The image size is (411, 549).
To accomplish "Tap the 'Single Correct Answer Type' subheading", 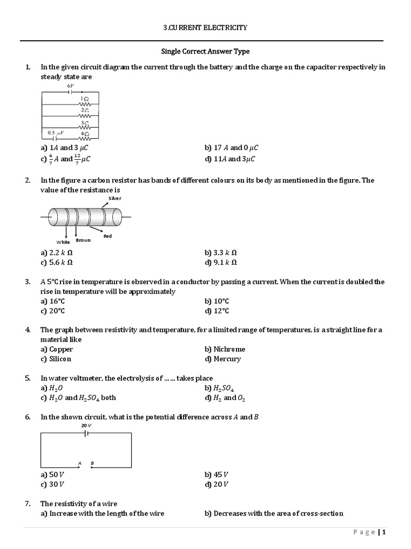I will (205, 51).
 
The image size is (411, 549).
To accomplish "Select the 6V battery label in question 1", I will (71, 86).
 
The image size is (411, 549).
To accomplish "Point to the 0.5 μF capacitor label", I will (56, 132).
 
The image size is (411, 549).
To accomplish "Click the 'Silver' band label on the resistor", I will (115, 198).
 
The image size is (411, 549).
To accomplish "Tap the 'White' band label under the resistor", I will (63, 242).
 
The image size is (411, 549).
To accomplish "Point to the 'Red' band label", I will (108, 236).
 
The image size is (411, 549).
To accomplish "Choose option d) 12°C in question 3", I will (217, 311).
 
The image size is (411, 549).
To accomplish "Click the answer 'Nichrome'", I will (229, 349).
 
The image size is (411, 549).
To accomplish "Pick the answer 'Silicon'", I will (60, 359).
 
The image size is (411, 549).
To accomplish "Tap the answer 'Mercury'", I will (227, 359).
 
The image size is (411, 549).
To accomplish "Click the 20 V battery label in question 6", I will (86, 425).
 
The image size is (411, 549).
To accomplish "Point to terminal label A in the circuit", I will (79, 463).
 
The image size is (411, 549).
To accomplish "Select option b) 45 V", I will (216, 474).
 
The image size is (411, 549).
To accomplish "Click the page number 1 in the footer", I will (384, 532).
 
